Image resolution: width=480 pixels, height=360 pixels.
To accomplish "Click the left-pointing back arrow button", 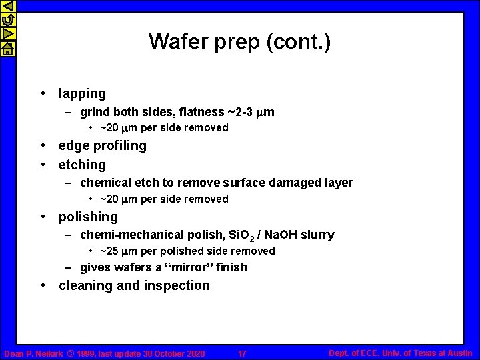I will [7, 6].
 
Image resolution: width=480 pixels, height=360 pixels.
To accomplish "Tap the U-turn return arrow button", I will [7, 20].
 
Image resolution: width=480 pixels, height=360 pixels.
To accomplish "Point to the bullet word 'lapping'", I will [82, 94].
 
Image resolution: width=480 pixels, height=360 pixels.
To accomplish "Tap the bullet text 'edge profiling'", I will [103, 145].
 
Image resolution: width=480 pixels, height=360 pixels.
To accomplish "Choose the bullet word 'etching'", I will [82, 165].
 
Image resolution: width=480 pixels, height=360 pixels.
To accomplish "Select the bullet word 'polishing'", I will [88, 217].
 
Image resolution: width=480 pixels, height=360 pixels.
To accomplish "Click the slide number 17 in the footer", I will [242, 354].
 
